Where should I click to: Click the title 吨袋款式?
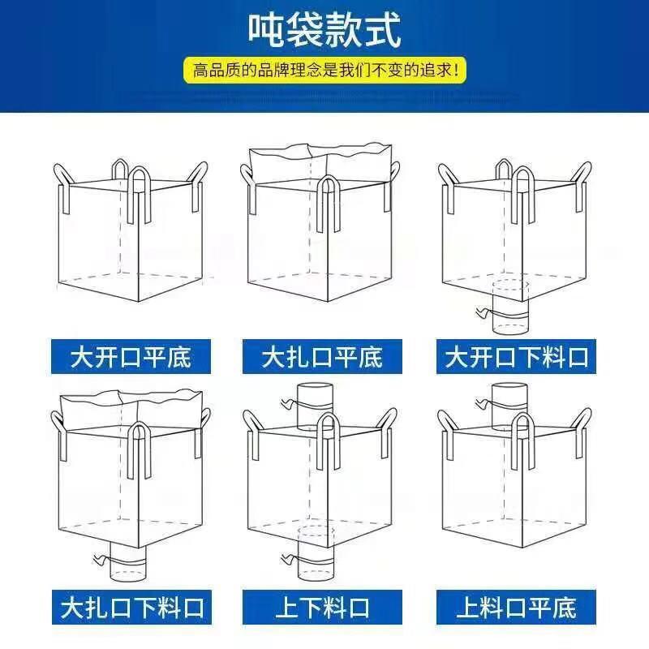pos(325,30)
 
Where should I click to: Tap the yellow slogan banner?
pos(325,70)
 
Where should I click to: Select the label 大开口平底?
pos(131,357)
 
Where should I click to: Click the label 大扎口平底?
pos(322,357)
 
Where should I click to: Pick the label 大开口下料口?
pos(516,357)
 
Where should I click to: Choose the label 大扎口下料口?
pos(131,607)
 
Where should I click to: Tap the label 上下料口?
pos(322,607)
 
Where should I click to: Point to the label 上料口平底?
pos(516,607)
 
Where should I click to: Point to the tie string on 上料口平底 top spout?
pos(482,403)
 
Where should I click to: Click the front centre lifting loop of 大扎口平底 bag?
pos(329,203)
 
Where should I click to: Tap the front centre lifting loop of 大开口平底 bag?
pos(138,195)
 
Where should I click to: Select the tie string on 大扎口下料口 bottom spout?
pos(101,560)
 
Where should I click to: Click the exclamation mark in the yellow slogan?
pos(456,70)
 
